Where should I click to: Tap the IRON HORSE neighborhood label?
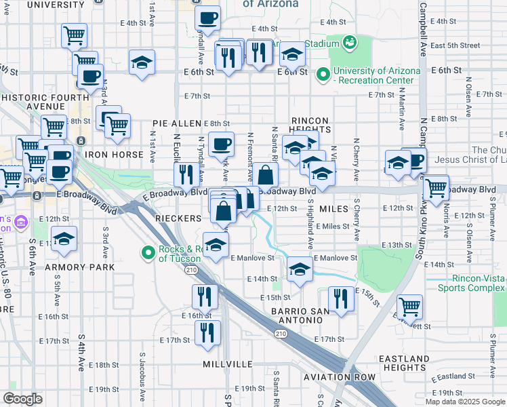(114, 155)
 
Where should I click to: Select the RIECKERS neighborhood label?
(178, 218)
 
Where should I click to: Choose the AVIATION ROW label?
(340, 376)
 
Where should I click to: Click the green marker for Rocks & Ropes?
(148, 253)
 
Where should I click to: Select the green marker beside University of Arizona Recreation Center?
(323, 74)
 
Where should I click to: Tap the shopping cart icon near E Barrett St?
(409, 307)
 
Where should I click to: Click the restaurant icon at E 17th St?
(207, 332)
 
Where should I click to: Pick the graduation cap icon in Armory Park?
(64, 239)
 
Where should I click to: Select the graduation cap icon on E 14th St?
(300, 269)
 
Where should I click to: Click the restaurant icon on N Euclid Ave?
(185, 174)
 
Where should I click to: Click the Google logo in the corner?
(22, 399)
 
